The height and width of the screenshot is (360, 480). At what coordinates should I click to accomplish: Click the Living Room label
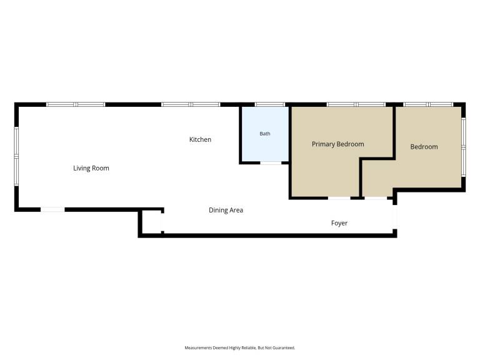click(x=91, y=168)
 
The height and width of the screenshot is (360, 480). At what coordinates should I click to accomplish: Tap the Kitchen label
click(x=200, y=139)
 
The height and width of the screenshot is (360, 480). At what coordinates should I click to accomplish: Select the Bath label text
click(x=265, y=134)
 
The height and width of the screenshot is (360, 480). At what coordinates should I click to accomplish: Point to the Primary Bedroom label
click(x=338, y=144)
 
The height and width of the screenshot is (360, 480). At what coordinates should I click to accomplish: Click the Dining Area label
click(x=226, y=210)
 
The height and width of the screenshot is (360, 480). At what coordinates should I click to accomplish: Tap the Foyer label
click(x=339, y=223)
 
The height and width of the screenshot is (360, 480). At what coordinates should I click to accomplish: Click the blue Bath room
click(x=265, y=134)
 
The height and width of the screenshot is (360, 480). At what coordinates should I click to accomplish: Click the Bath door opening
click(x=271, y=163)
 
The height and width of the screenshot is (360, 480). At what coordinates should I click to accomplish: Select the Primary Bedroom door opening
click(x=339, y=198)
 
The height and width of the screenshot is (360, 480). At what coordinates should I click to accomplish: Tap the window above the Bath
click(x=270, y=105)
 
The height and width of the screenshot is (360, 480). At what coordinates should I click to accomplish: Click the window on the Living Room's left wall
click(x=16, y=156)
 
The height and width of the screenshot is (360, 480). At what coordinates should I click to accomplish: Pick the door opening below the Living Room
click(x=52, y=210)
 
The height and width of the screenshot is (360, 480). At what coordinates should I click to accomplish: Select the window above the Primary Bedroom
click(x=356, y=105)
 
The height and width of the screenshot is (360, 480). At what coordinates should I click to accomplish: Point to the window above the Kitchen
click(x=191, y=105)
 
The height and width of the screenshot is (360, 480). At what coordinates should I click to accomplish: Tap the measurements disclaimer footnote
click(x=240, y=347)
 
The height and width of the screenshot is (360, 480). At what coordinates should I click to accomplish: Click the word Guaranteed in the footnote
click(x=284, y=347)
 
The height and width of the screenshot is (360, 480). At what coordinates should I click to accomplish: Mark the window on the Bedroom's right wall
click(x=464, y=147)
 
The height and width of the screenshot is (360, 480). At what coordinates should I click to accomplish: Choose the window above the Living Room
click(x=76, y=105)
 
